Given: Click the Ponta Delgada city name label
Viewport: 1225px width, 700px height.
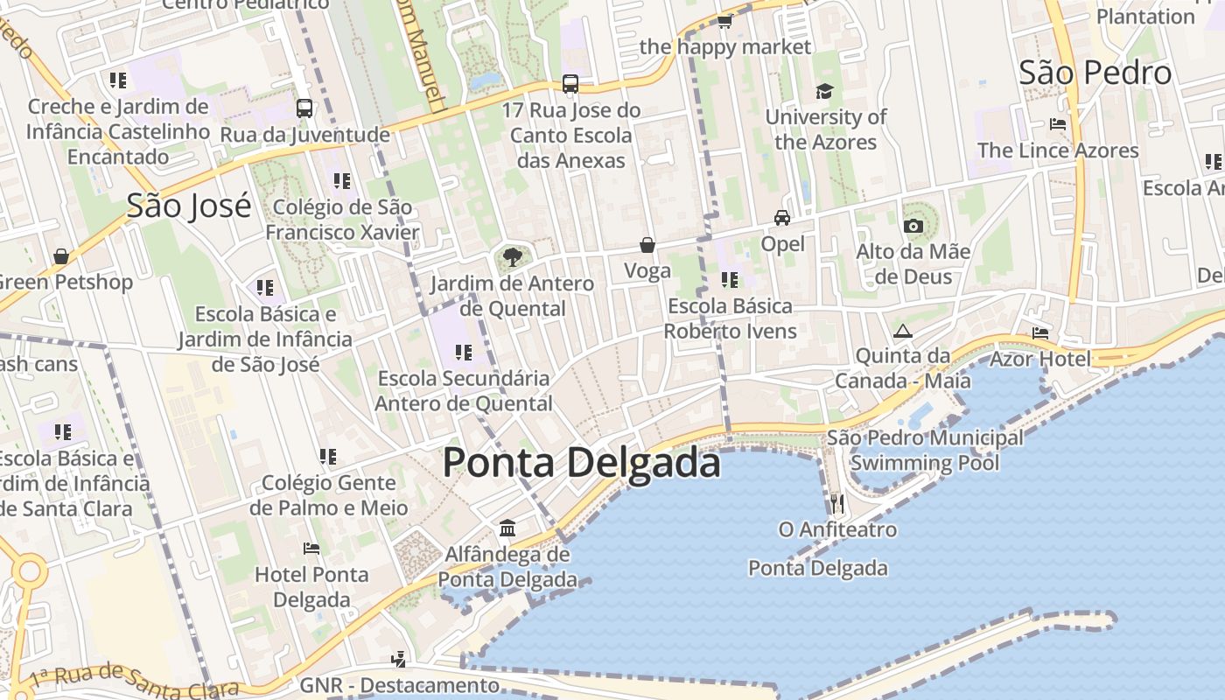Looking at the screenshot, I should click(x=581, y=463).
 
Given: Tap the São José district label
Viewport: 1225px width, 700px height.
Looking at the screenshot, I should click(x=189, y=206).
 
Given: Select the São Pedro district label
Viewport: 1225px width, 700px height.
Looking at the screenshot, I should click(x=1095, y=73).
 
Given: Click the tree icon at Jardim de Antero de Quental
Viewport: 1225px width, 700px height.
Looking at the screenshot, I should click(x=513, y=257).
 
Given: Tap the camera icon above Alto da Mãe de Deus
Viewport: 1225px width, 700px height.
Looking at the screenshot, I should click(x=913, y=226).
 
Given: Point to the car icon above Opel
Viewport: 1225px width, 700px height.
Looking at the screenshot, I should click(x=781, y=217).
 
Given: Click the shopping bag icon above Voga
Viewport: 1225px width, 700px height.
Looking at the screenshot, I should click(x=647, y=245).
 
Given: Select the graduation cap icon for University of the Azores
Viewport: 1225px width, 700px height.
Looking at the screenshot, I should click(x=824, y=91).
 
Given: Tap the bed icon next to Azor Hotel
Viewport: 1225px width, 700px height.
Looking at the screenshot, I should click(x=1040, y=332).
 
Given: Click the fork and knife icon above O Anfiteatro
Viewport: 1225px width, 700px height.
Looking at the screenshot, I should click(x=837, y=503).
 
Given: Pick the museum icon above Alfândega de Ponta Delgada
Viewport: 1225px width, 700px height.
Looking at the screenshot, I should click(x=507, y=528).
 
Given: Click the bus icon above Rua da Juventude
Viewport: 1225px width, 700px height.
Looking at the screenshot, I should click(x=304, y=108).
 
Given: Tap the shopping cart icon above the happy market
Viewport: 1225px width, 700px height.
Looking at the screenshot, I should click(x=724, y=21).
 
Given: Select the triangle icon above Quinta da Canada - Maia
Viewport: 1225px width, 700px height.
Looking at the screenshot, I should click(x=902, y=331).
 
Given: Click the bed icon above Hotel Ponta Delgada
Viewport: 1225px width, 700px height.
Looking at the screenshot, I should click(x=311, y=549).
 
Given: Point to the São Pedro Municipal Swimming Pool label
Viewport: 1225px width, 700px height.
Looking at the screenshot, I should click(x=925, y=450).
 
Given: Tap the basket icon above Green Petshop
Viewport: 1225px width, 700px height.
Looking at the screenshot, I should click(x=61, y=256).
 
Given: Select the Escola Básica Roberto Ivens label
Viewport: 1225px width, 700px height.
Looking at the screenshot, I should click(x=730, y=318).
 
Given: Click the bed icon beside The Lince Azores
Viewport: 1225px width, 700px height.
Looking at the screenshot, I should click(x=1058, y=124).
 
